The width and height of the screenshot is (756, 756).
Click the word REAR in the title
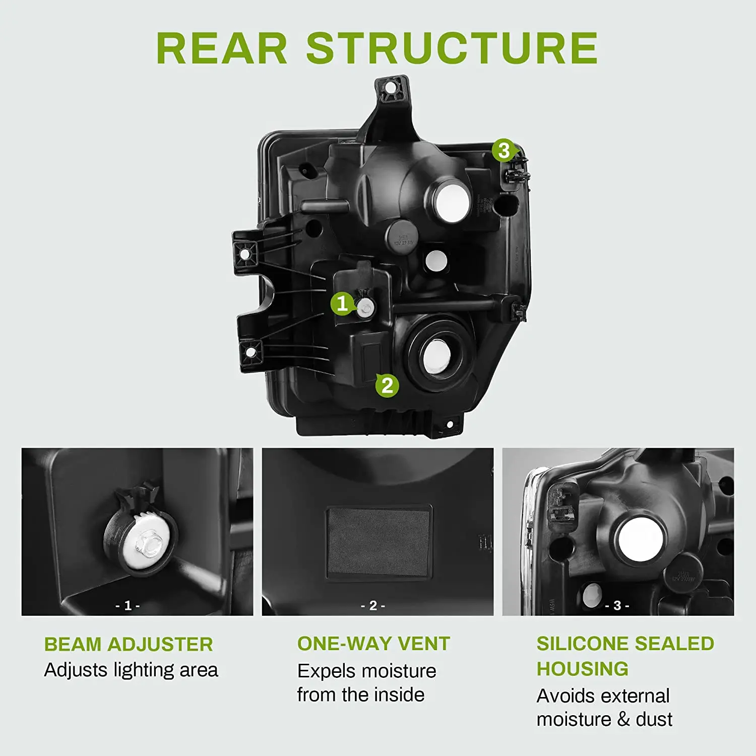(x=222, y=48)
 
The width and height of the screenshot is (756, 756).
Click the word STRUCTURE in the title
(x=452, y=48)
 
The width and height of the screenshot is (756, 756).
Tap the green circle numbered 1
(x=342, y=303)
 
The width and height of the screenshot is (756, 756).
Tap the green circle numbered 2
(x=387, y=386)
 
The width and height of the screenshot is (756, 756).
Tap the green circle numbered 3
(x=503, y=150)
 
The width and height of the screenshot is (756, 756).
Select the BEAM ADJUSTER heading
(x=129, y=644)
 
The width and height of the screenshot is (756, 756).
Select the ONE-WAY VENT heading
(x=373, y=644)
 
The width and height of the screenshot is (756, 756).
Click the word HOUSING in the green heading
(x=582, y=669)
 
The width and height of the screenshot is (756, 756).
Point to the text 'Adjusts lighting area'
(x=131, y=670)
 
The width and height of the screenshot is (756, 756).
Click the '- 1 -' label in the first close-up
(x=128, y=605)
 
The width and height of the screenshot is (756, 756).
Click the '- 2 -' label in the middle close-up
(x=373, y=605)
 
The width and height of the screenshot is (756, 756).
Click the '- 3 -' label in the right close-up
(x=617, y=605)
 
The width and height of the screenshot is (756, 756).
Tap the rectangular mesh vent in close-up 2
(x=379, y=543)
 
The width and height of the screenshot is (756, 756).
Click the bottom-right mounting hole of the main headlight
(x=450, y=425)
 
